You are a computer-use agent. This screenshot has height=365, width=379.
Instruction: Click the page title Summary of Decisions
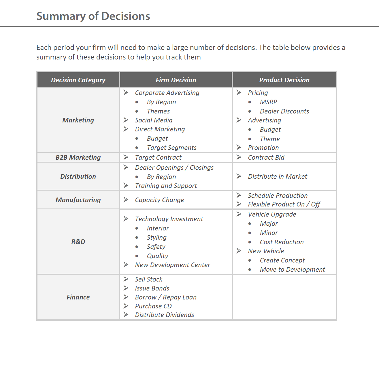tap(93, 16)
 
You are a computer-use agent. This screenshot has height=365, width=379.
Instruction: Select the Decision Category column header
tap(78, 80)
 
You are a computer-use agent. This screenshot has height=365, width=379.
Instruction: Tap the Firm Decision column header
tap(176, 80)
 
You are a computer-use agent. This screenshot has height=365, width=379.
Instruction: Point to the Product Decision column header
tap(284, 80)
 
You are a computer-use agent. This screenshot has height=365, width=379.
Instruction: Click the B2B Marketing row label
tap(78, 157)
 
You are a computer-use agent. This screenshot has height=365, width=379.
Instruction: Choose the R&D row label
tap(78, 242)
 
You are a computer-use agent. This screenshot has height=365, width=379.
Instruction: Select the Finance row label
tap(78, 297)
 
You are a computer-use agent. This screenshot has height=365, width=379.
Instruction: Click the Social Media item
tap(154, 120)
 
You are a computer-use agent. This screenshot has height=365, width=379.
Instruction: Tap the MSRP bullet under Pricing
tap(268, 102)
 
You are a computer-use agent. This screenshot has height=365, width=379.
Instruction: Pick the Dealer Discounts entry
tap(284, 111)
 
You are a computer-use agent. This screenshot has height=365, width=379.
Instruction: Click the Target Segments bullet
tap(171, 148)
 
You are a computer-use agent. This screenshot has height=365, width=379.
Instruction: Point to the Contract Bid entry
tap(266, 157)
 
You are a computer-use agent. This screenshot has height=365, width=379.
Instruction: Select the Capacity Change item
tap(159, 200)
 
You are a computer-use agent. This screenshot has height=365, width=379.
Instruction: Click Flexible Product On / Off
tap(284, 204)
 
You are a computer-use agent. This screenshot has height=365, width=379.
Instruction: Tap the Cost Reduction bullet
tap(282, 242)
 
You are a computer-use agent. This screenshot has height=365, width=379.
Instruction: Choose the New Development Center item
tap(172, 265)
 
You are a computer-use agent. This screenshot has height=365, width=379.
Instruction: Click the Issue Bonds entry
tap(152, 288)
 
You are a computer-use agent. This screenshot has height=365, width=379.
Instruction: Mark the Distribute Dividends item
tap(164, 315)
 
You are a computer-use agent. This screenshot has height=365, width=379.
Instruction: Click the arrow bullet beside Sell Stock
tap(126, 279)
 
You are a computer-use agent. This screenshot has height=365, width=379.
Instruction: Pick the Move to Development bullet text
tap(292, 269)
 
